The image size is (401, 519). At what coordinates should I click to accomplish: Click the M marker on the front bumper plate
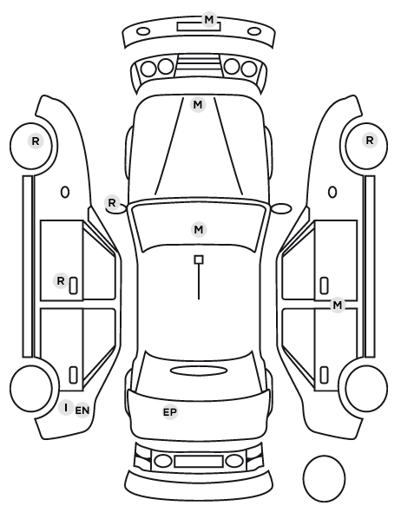click(209, 20)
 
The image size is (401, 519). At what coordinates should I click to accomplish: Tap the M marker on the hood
click(198, 105)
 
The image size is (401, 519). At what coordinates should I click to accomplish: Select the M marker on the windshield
click(199, 229)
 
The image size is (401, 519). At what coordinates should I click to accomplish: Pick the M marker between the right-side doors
click(338, 305)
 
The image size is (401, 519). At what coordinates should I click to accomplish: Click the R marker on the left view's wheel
click(36, 141)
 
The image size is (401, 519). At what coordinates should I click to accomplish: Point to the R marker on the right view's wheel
click(370, 141)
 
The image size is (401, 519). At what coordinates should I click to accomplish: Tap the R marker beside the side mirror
click(112, 202)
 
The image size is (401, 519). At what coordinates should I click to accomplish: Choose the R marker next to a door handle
click(61, 281)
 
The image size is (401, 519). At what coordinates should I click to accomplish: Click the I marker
click(66, 407)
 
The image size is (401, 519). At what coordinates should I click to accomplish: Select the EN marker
click(82, 411)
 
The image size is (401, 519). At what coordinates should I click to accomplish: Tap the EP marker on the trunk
click(170, 412)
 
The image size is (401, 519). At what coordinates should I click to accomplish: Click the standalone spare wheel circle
click(324, 478)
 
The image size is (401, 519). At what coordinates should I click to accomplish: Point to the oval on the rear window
click(199, 371)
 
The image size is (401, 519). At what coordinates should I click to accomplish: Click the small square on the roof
click(199, 259)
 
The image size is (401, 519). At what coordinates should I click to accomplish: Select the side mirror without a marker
click(282, 208)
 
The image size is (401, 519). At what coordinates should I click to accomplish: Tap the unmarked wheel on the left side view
click(31, 388)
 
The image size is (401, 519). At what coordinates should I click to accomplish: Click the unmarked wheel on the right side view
click(366, 388)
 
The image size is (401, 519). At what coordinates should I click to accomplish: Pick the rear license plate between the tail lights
click(199, 462)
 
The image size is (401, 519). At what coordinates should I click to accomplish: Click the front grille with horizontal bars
click(199, 65)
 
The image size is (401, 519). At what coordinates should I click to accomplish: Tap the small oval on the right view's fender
click(332, 192)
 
